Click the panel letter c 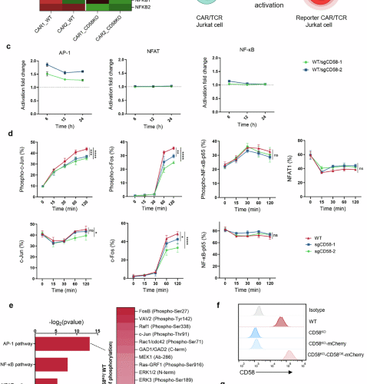click(8, 48)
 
